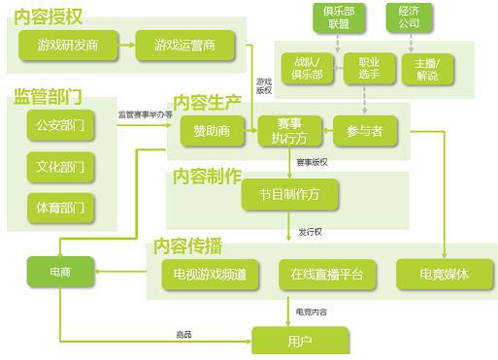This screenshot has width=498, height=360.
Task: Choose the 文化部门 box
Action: (60, 166)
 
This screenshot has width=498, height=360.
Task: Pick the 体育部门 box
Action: (60, 207)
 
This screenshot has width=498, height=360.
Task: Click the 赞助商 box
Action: (212, 131)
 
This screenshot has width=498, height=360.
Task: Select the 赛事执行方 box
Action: (287, 131)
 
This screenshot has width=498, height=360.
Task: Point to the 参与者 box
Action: (364, 131)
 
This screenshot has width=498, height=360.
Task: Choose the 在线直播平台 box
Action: (326, 275)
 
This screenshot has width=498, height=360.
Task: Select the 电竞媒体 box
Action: (444, 275)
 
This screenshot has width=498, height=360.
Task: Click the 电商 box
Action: (59, 272)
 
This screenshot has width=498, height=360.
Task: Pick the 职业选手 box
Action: (362, 67)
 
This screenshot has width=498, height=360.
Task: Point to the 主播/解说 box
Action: (426, 67)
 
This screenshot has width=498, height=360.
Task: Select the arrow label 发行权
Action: (311, 232)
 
